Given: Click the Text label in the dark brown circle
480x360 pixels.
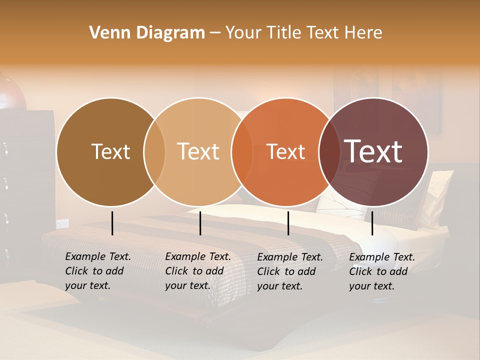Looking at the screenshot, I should click(x=110, y=151).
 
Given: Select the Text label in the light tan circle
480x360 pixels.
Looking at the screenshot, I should click(x=198, y=151).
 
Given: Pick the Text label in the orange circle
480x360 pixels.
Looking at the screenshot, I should click(x=285, y=151).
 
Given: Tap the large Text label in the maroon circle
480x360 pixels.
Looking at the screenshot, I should click(x=373, y=151).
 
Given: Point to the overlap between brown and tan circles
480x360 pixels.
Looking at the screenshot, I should click(x=154, y=151).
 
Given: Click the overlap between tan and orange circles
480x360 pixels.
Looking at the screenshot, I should click(x=242, y=151).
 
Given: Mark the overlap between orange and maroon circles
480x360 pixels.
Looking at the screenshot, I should click(x=329, y=151).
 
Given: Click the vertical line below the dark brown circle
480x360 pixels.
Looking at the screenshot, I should click(x=112, y=223).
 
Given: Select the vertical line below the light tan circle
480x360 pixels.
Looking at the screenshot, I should click(x=200, y=223).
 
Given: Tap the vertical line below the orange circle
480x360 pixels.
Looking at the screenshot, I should click(x=288, y=223).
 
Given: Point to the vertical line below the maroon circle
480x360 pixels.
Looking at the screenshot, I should click(x=372, y=223).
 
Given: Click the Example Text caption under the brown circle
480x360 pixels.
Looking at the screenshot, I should click(x=97, y=271).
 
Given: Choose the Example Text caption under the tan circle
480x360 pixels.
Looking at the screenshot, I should click(x=197, y=271).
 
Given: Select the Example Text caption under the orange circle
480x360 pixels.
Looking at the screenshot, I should click(x=289, y=271).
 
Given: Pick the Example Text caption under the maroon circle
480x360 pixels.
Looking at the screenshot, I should click(x=381, y=271).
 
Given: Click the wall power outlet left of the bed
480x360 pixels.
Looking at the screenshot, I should click(x=62, y=223).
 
